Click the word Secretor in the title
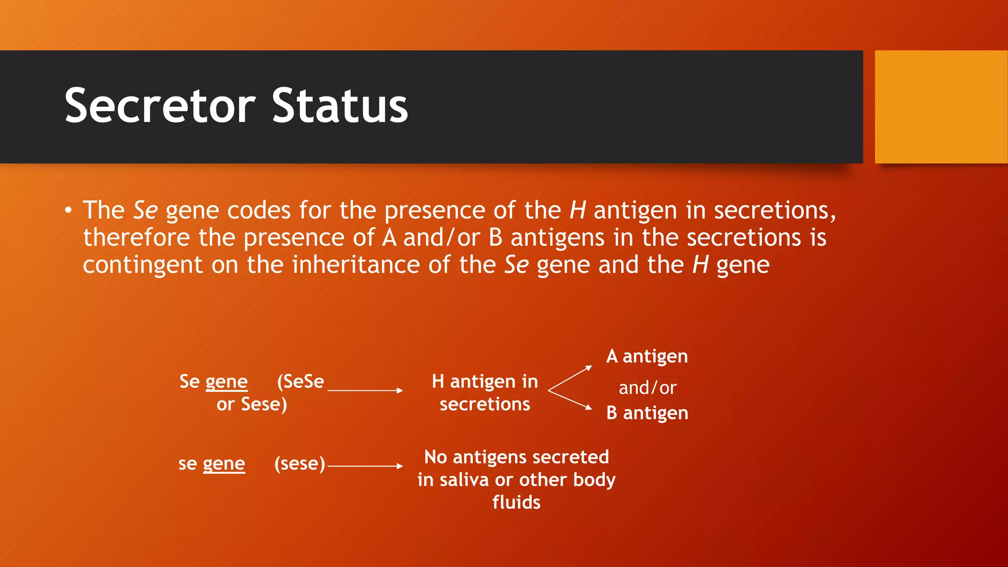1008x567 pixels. click(160, 106)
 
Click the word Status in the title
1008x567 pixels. click(340, 106)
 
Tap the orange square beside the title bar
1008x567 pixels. click(941, 107)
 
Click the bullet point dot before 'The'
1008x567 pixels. click(68, 211)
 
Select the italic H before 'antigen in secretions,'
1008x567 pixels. click(577, 211)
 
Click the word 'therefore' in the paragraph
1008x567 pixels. click(136, 238)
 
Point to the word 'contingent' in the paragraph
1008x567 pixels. click(142, 265)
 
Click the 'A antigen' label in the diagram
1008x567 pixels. click(647, 356)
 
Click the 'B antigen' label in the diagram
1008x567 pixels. click(647, 413)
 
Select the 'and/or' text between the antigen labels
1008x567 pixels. click(647, 388)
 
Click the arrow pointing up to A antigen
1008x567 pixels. click(570, 378)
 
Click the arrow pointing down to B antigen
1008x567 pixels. click(570, 400)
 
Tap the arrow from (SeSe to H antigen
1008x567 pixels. click(365, 390)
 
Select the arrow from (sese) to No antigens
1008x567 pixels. click(365, 466)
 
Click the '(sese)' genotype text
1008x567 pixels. click(300, 464)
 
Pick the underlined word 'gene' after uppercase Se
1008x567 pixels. click(226, 382)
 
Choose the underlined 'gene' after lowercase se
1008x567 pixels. click(223, 464)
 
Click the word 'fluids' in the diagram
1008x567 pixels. click(516, 503)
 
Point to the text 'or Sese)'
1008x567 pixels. click(252, 405)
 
